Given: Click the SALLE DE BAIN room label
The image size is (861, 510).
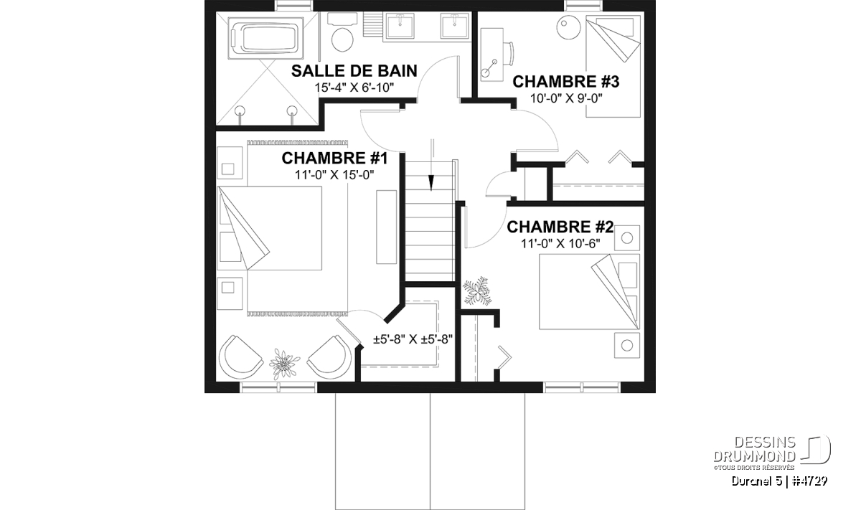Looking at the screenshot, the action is [x=354, y=71].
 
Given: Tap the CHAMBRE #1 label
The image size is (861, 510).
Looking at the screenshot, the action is [x=334, y=159].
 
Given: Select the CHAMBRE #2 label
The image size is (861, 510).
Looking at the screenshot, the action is [x=560, y=227].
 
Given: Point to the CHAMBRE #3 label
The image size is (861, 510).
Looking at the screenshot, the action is [x=566, y=82].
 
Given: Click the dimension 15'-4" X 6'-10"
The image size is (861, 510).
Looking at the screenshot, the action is [x=354, y=88].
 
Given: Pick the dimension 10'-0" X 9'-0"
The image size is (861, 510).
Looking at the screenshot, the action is [x=566, y=99].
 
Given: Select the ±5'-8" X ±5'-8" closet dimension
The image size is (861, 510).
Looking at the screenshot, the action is [x=413, y=339].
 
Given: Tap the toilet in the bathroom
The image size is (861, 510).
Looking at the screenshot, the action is [x=342, y=33].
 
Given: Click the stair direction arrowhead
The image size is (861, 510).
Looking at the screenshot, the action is [x=431, y=183].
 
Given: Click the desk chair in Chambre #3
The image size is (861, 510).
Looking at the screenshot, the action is [x=509, y=53].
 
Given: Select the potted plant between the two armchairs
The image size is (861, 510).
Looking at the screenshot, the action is [x=284, y=363].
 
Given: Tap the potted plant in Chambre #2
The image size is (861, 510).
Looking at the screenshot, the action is [x=477, y=291].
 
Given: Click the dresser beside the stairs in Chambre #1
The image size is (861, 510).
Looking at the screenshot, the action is [x=386, y=227].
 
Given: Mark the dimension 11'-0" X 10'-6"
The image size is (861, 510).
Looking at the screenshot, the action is [x=560, y=244].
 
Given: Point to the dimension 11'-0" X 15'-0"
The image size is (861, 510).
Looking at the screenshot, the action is [x=334, y=175].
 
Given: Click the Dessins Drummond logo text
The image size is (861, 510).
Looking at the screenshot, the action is [x=755, y=449].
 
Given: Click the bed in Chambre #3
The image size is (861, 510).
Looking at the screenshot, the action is [x=613, y=66].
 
